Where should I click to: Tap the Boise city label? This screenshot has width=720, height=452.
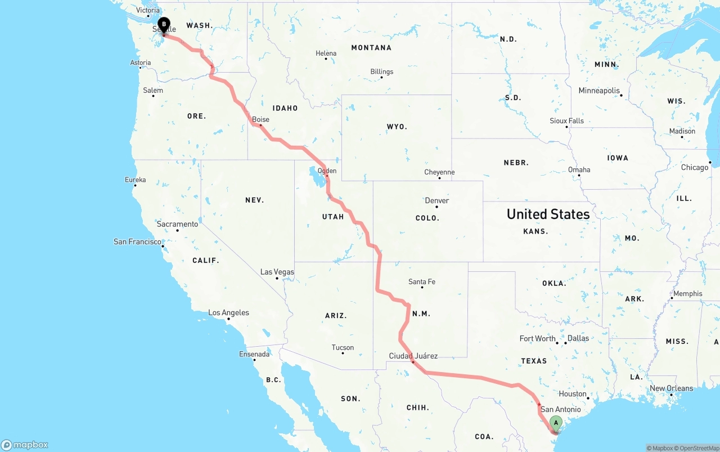(x=260, y=119)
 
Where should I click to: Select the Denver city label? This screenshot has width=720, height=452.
(x=437, y=200)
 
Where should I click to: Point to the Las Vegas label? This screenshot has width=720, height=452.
(x=277, y=272)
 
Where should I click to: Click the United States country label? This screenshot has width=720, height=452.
(x=548, y=214)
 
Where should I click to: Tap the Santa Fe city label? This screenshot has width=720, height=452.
(x=422, y=281)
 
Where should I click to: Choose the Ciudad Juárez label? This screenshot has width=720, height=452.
(x=413, y=356)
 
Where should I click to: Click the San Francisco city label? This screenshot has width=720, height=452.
(x=137, y=241)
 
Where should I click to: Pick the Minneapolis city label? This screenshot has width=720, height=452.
(x=599, y=91)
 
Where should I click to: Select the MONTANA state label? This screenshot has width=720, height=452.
(x=371, y=48)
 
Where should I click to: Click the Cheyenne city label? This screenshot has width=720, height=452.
(x=440, y=172)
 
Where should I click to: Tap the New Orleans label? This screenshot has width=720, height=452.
(x=672, y=388)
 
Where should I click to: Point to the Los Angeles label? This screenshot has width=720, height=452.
(x=228, y=312)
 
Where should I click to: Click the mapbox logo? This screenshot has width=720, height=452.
(x=25, y=445)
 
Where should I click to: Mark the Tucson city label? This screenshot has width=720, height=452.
(x=343, y=347)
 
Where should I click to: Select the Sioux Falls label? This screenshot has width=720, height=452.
(x=566, y=120)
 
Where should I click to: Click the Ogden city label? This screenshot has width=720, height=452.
(x=327, y=171)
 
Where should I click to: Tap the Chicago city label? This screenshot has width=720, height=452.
(x=695, y=167)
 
